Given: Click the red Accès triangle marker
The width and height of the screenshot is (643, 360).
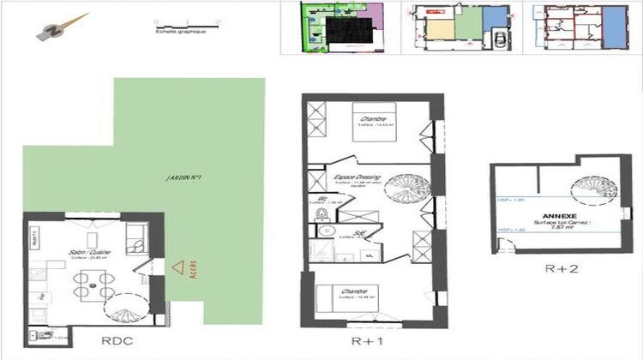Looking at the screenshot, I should coord(177,268).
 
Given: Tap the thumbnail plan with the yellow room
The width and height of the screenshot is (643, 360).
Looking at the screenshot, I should coord(454,29).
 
